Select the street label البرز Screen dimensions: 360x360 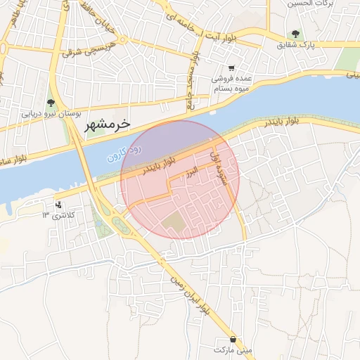pyautogui.click(x=191, y=172)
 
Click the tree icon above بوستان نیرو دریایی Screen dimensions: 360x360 pyautogui.click(x=50, y=101)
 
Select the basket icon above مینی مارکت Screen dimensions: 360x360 pyautogui.click(x=233, y=337)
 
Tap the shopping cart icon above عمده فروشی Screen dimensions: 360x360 pyautogui.click(x=231, y=69)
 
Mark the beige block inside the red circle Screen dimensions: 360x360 pyautogui.click(x=173, y=224)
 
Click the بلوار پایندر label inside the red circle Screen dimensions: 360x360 pyautogui.click(x=157, y=165)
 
